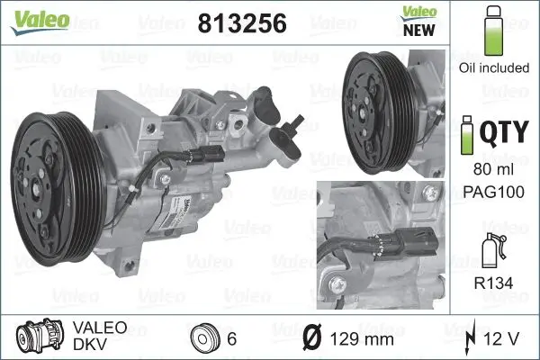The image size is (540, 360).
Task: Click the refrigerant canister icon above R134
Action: click(491, 246)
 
